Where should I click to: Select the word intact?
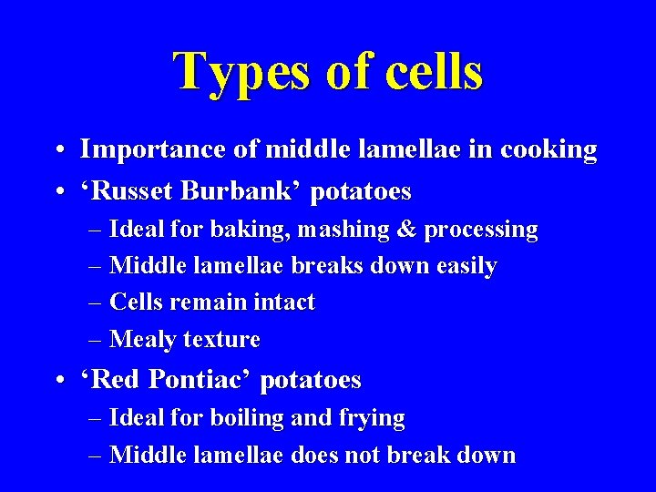(x=282, y=302)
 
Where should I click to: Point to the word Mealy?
(x=143, y=340)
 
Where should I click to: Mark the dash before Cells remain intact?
(x=97, y=302)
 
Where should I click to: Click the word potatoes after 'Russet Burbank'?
(x=361, y=192)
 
